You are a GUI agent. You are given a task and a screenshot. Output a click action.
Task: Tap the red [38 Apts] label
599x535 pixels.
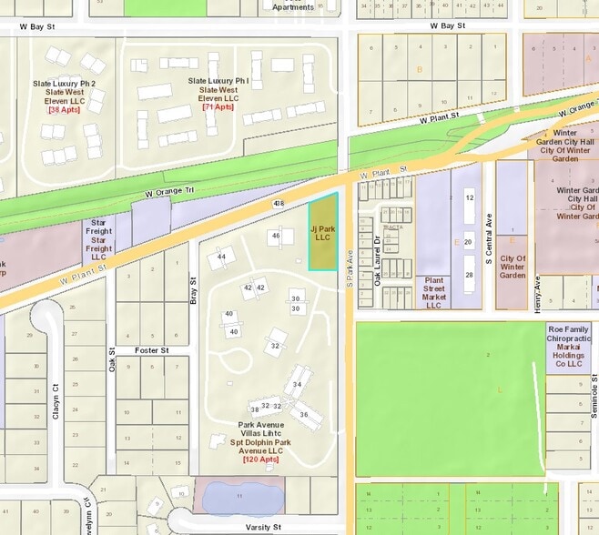pos(64,109)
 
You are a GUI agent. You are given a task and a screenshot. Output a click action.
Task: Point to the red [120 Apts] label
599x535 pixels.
pos(259,459)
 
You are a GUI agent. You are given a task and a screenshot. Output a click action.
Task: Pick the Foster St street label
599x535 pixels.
pos(152,349)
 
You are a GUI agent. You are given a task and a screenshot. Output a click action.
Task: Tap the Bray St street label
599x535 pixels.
pos(193,290)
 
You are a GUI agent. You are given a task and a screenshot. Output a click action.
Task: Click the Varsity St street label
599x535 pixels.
pos(264,527)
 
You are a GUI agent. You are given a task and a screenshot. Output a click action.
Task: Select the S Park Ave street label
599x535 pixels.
pos(350,268)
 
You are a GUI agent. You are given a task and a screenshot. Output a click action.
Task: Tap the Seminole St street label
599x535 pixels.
pos(593,390)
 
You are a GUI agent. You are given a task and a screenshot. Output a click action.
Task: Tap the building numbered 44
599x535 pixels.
pos(221,257)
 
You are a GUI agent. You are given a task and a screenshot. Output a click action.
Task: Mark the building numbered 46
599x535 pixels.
pos(276,236)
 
